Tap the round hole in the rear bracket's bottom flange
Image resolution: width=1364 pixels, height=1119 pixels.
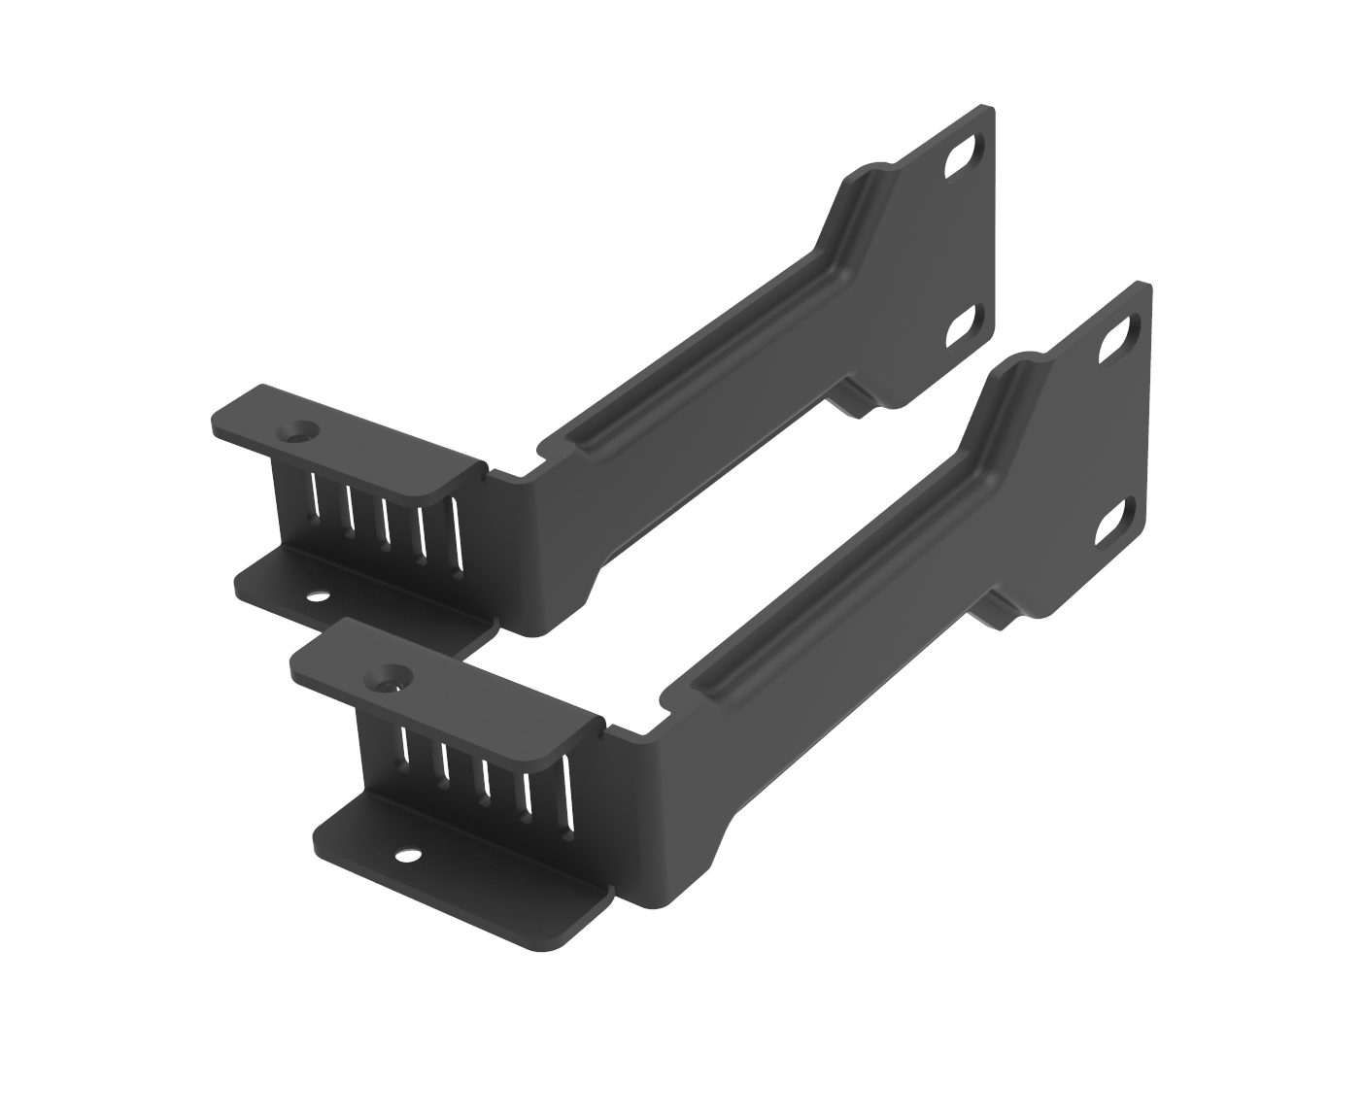(318, 593)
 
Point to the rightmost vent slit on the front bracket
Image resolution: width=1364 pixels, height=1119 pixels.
(567, 793)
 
